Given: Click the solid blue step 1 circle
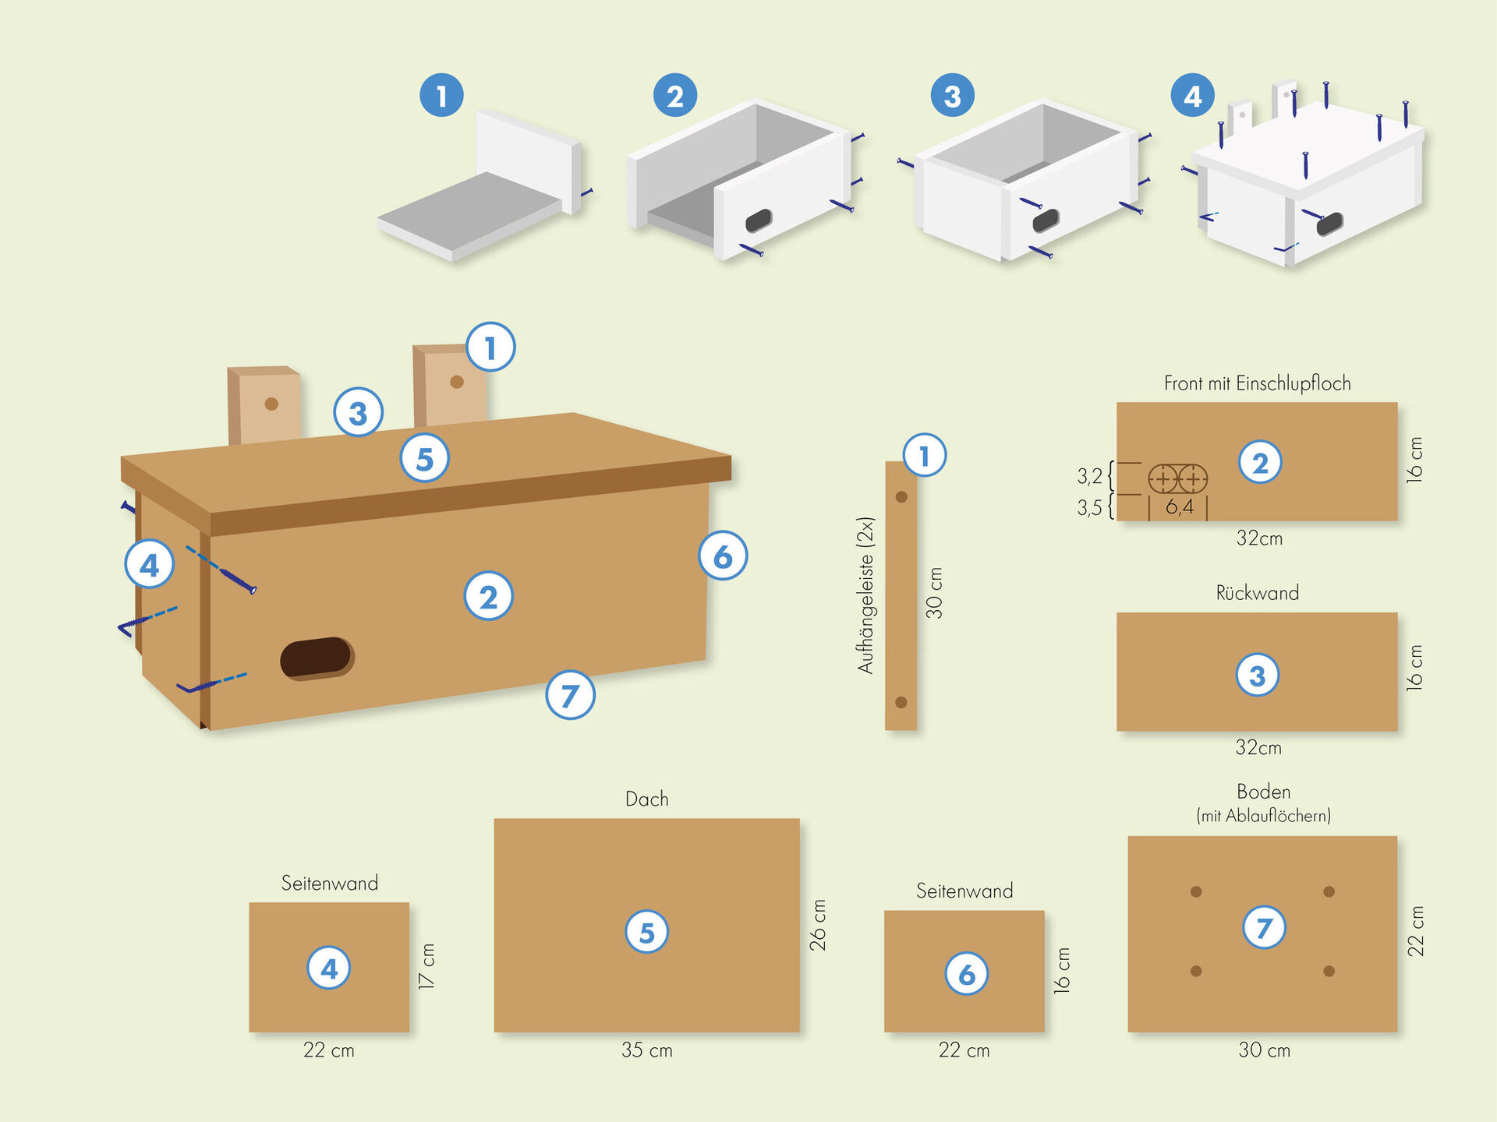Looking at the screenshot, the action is (441, 95).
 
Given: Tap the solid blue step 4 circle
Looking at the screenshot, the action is (1193, 95).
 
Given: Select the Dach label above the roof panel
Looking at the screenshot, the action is (646, 799).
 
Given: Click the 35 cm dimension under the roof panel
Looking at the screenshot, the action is (646, 1050).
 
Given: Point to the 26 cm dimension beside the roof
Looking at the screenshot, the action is (818, 925).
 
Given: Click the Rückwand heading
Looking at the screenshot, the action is (1257, 593).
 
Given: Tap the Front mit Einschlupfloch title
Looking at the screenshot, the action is (1257, 383).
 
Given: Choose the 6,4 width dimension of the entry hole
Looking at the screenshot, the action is (1180, 507).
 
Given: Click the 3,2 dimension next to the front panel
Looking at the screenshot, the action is (1089, 475).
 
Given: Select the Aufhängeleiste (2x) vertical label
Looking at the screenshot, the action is (865, 595).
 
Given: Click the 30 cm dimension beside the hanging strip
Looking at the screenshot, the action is (934, 593).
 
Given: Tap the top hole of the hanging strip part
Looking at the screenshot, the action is (901, 497).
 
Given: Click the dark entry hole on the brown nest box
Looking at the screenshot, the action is (317, 658).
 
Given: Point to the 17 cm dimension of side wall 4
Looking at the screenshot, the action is (427, 966).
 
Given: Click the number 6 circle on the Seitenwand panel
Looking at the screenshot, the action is (966, 973).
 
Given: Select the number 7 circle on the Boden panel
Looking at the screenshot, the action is (1264, 927).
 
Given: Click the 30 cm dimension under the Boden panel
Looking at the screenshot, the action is (1264, 1050).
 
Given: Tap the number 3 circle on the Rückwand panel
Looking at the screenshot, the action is (1257, 675).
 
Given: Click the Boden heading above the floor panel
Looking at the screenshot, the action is (1263, 792).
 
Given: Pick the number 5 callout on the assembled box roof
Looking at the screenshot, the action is (424, 458).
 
